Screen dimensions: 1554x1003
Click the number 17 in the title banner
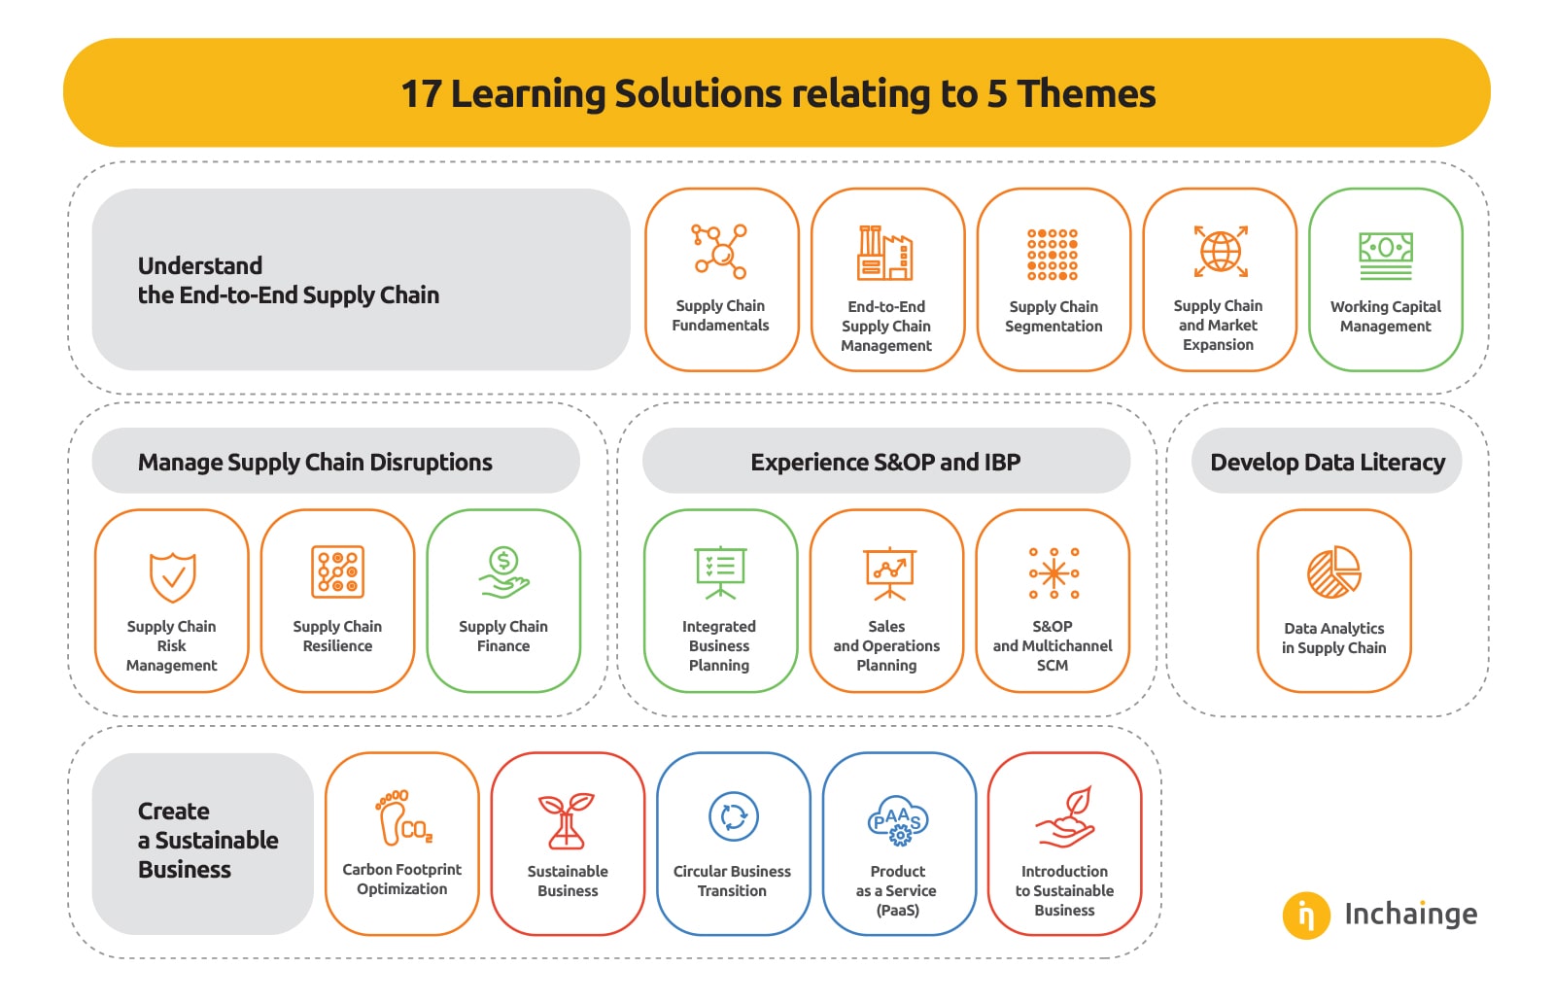click(421, 93)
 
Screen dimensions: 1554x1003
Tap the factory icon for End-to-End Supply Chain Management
click(884, 253)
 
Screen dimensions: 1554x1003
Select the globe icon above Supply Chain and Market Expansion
click(1221, 251)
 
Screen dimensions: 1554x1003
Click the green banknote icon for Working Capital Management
click(1386, 256)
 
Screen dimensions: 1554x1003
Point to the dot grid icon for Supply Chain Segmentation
click(1053, 255)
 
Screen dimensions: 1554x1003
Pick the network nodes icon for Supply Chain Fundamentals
click(719, 251)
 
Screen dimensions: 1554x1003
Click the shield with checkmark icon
click(173, 577)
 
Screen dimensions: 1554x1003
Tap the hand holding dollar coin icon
click(503, 572)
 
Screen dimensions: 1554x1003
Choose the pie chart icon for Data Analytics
click(1333, 572)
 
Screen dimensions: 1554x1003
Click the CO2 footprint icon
click(403, 817)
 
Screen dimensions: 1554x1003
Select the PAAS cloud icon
click(898, 820)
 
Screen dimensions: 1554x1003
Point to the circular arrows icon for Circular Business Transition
click(734, 816)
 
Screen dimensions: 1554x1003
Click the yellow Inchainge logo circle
click(1306, 916)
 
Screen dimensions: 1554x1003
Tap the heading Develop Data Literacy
click(1328, 462)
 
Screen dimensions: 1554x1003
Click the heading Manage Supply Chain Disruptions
click(315, 462)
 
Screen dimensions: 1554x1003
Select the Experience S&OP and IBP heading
click(885, 462)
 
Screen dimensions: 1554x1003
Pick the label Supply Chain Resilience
click(337, 636)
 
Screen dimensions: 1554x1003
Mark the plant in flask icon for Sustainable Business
click(566, 820)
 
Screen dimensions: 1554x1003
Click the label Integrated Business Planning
click(719, 645)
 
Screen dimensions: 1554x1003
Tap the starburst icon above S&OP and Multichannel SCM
click(1053, 573)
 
